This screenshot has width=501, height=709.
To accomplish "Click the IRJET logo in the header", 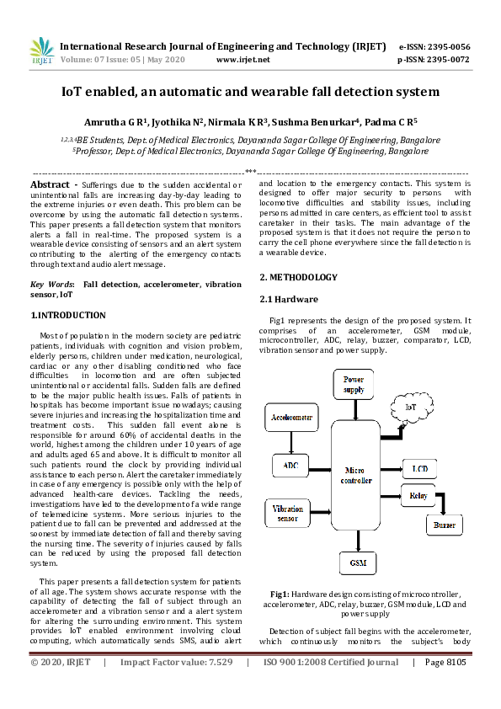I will point(41,51).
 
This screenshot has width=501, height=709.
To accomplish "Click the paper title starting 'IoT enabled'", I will point(250,91).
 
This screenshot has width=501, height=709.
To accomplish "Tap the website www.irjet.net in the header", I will point(243,60).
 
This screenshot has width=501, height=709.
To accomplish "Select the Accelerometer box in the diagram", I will point(290,417).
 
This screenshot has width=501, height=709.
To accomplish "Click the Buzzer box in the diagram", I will point(444,525).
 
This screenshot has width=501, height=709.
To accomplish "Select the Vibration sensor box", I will point(290,513).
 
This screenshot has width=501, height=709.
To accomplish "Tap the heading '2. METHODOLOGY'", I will point(298,278).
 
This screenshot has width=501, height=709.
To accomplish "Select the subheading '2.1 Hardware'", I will point(288,299).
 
